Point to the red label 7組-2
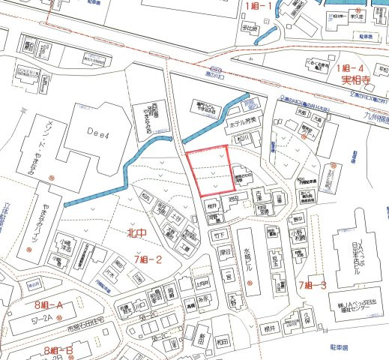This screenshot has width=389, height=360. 148,259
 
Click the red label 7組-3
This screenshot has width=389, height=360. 312,285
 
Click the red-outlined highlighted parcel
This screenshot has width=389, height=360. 208,172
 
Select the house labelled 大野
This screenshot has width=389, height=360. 232,300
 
